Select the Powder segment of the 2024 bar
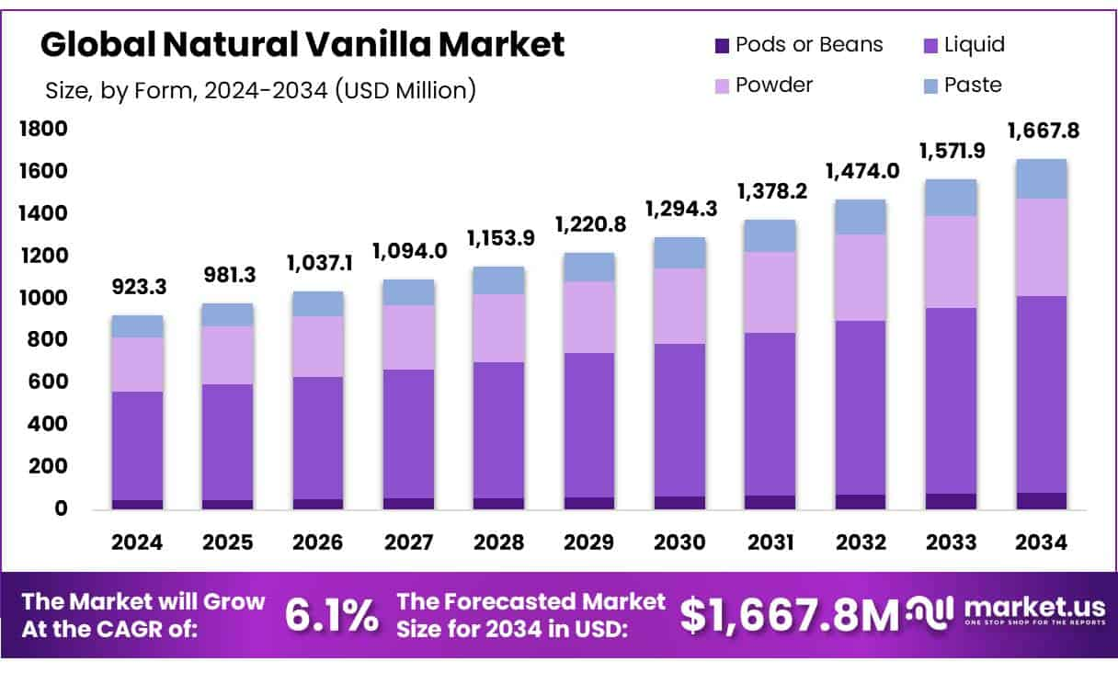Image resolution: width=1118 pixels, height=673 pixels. [x=138, y=364]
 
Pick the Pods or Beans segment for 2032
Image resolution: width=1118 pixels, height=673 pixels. [x=861, y=502]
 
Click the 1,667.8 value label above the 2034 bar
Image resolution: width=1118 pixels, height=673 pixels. [x=1043, y=131]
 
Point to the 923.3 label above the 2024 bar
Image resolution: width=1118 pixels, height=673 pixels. [x=138, y=288]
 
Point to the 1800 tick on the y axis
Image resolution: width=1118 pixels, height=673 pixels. [x=43, y=130]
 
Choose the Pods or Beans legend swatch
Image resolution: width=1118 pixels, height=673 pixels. [x=721, y=45]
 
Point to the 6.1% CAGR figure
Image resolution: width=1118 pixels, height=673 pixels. [x=331, y=616]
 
